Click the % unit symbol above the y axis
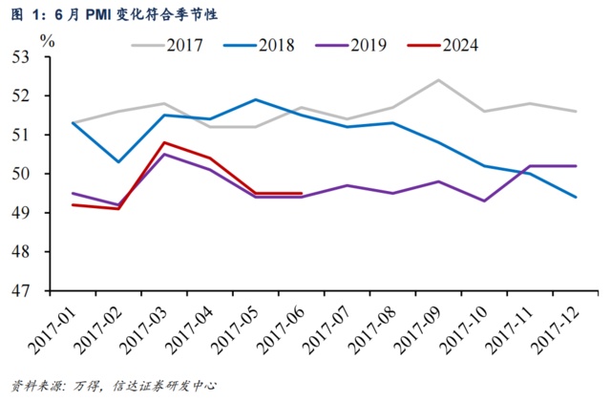click(x=48, y=41)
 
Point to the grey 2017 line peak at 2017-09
click(x=438, y=80)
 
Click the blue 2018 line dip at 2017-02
click(x=117, y=162)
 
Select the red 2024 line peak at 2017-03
click(x=164, y=142)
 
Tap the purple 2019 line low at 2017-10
click(x=484, y=200)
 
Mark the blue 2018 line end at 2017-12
click(x=576, y=197)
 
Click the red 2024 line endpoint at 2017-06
click(x=302, y=193)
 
